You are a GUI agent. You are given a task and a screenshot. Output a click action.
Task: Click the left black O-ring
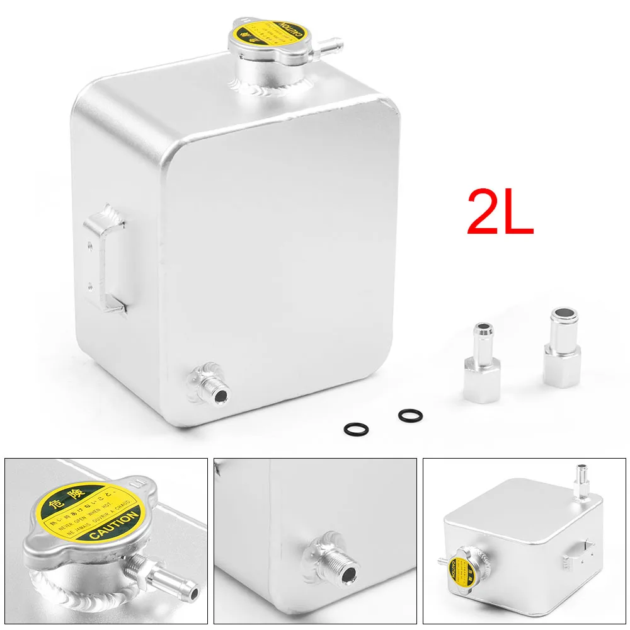[354, 429]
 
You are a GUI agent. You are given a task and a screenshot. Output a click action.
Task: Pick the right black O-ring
[410, 415]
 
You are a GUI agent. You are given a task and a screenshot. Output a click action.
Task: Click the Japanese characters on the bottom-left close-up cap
[72, 490]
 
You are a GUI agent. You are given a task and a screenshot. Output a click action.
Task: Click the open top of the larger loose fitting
[561, 313]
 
